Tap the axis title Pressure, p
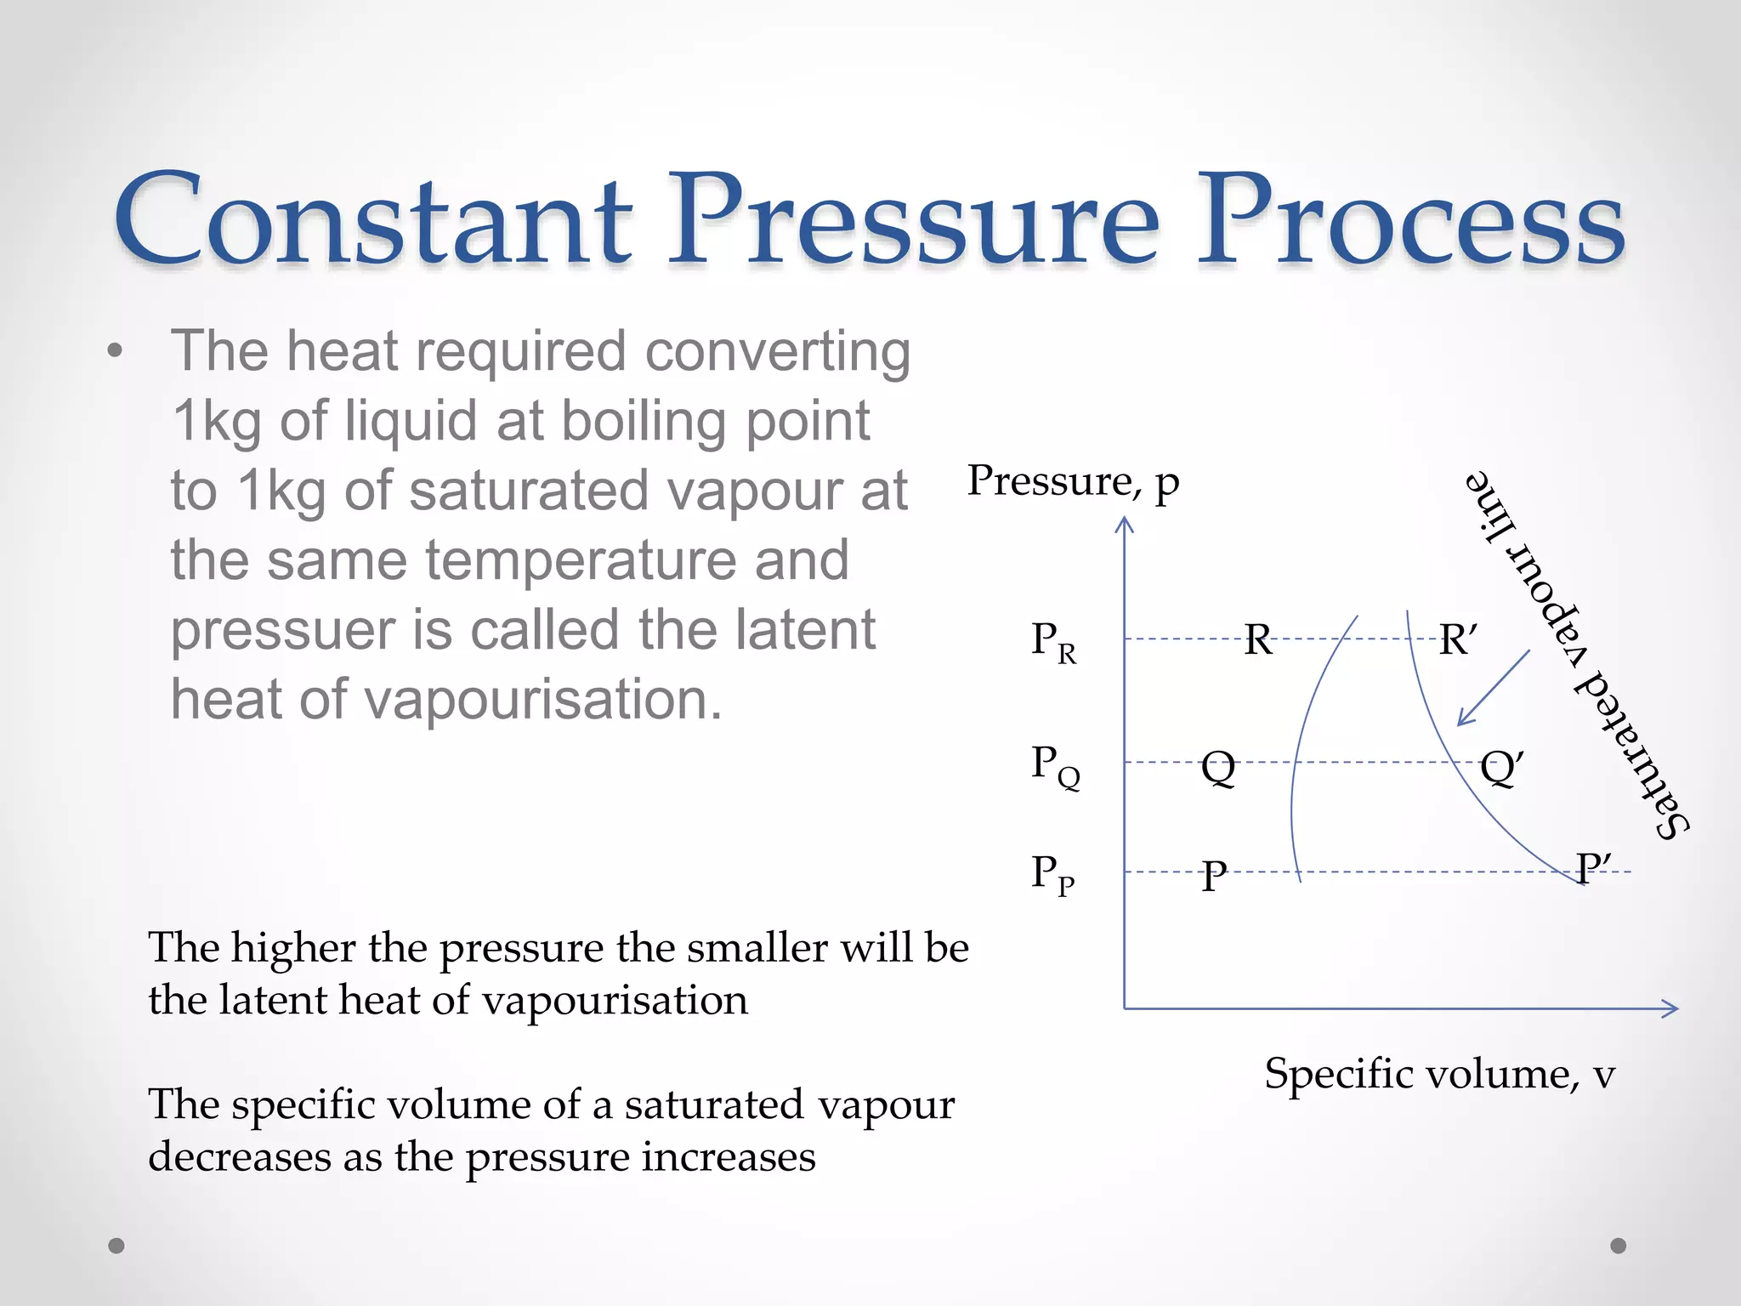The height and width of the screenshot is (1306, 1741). point(1073,481)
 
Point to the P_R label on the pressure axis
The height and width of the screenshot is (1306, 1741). point(1052,642)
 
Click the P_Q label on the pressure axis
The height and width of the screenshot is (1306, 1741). point(1054,765)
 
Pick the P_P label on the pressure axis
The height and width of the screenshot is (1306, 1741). point(1052,874)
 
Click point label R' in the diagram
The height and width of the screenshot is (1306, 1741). point(1457,639)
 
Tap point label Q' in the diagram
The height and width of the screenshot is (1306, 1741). point(1500,767)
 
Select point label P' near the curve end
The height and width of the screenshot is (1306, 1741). point(1591,869)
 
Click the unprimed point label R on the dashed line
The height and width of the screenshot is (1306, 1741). point(1258,639)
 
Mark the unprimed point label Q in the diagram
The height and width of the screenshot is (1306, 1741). point(1218,768)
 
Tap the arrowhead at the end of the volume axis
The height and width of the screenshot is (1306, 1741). point(1670,1008)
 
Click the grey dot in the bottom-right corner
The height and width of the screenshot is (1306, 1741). point(1619,1246)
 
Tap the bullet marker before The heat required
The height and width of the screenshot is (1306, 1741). point(116,351)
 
